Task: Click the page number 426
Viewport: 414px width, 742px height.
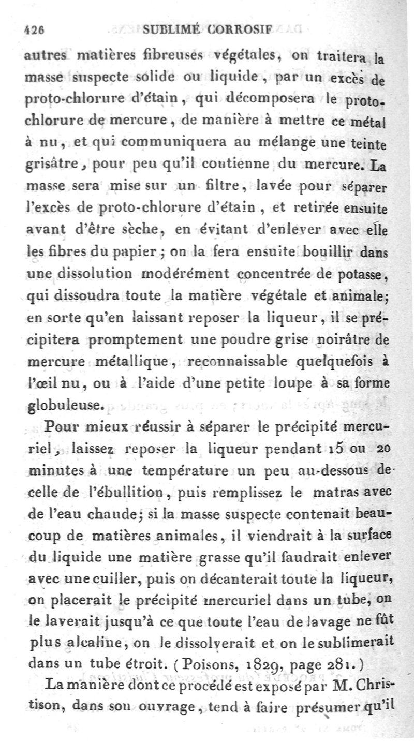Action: click(35, 29)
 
